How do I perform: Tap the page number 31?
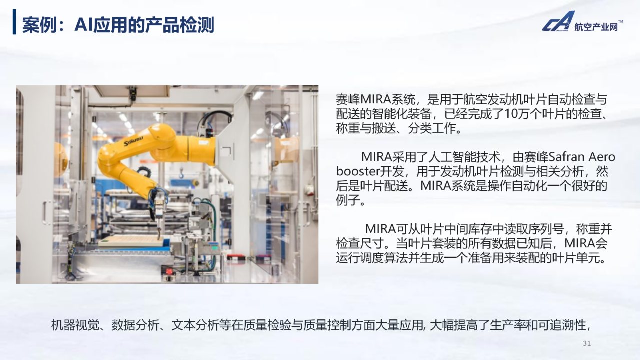[587, 343]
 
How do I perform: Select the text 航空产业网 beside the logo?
[596, 27]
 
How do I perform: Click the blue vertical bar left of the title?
[14, 22]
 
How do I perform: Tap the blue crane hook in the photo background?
[181, 173]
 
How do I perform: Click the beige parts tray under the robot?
[131, 241]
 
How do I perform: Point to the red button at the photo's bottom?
[169, 271]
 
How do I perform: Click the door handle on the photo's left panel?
[46, 212]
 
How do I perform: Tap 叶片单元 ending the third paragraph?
[575, 258]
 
